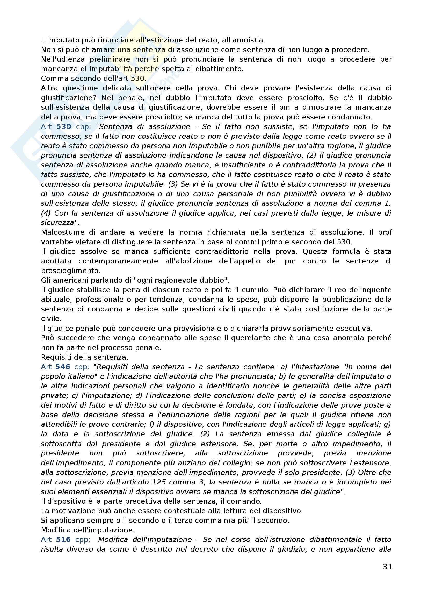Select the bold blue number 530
[63, 127]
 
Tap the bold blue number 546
[63, 367]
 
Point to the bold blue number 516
[63, 540]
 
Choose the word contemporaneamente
[118, 261]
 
